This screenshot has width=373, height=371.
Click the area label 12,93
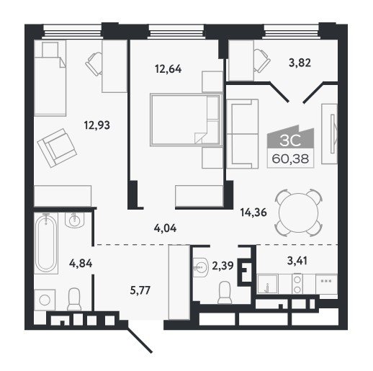tap(97, 125)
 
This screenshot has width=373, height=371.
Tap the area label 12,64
tap(168, 69)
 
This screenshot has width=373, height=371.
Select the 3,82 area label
tap(300, 63)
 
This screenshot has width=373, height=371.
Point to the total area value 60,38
tap(290, 158)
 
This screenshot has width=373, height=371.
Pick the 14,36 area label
tap(253, 213)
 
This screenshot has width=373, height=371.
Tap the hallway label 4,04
tap(165, 228)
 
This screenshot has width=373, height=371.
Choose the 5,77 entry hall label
tap(140, 291)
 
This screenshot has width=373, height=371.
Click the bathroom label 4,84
tap(81, 264)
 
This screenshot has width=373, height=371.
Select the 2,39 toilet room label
tap(223, 266)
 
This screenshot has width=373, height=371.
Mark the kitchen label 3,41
tap(297, 261)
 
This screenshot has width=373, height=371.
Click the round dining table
tap(299, 213)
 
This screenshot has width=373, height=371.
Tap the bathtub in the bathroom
tap(46, 243)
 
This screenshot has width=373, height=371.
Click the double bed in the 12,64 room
tap(185, 120)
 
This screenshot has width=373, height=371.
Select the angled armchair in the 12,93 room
tap(57, 148)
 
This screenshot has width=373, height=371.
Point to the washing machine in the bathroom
tap(45, 300)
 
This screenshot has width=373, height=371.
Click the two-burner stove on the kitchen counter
tap(297, 284)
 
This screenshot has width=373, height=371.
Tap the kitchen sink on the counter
tap(268, 285)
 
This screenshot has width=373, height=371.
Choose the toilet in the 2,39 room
tap(225, 292)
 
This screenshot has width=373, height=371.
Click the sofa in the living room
tap(243, 134)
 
